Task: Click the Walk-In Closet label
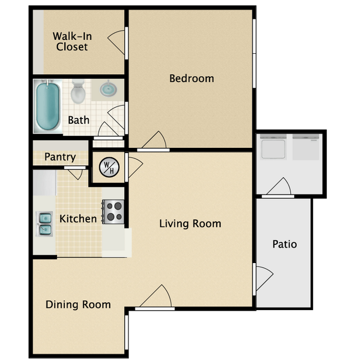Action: click(73, 42)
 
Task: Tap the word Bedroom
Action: click(192, 79)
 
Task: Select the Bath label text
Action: click(79, 120)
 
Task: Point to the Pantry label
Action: click(60, 157)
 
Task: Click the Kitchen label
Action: click(78, 219)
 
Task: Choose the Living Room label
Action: click(191, 224)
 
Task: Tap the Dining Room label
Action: click(78, 305)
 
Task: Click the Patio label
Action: click(285, 244)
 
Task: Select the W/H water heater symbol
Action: click(109, 167)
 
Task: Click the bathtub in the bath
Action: click(48, 106)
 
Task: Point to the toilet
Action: click(78, 91)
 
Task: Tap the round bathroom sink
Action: click(108, 89)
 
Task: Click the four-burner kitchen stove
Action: click(113, 212)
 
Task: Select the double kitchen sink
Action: click(44, 224)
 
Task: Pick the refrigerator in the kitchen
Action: click(45, 183)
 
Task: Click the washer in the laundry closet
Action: click(273, 147)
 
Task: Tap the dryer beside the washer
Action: click(306, 147)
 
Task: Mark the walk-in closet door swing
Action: click(116, 43)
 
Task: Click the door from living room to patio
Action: click(264, 279)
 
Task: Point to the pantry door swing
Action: click(76, 174)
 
